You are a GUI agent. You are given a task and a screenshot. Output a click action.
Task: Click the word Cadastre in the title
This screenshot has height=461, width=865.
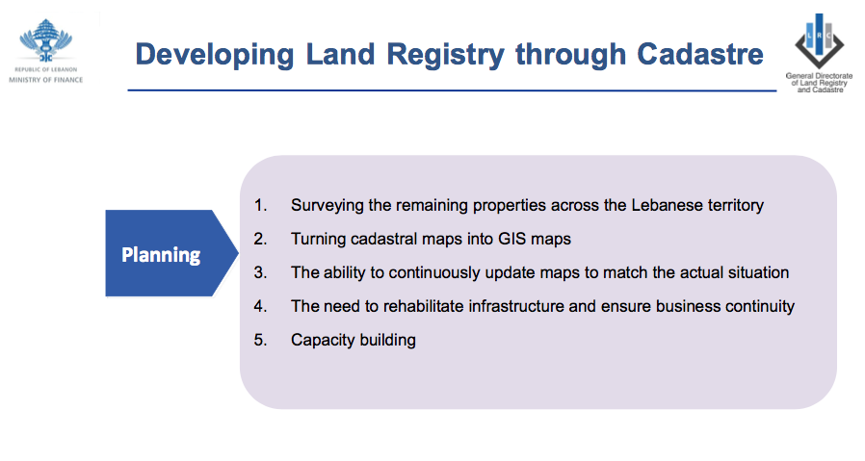(x=700, y=54)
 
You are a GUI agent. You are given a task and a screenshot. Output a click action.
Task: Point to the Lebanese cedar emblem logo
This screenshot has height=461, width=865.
(x=46, y=40)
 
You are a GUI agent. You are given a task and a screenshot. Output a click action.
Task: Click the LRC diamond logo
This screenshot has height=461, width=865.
(x=819, y=41)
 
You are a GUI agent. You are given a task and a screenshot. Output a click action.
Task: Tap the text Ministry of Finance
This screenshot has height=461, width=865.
(x=46, y=80)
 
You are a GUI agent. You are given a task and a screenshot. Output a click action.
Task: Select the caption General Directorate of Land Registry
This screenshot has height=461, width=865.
(x=819, y=83)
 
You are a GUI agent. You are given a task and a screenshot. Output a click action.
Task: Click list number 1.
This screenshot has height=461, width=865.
(x=260, y=205)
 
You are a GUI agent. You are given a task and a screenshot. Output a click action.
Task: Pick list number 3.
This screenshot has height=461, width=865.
(x=260, y=272)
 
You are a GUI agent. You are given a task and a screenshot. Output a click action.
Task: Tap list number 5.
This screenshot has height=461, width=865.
(x=260, y=340)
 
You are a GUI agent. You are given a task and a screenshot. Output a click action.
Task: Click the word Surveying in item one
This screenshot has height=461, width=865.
(x=328, y=206)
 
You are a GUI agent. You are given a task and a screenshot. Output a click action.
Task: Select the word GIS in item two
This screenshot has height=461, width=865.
(x=511, y=239)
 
